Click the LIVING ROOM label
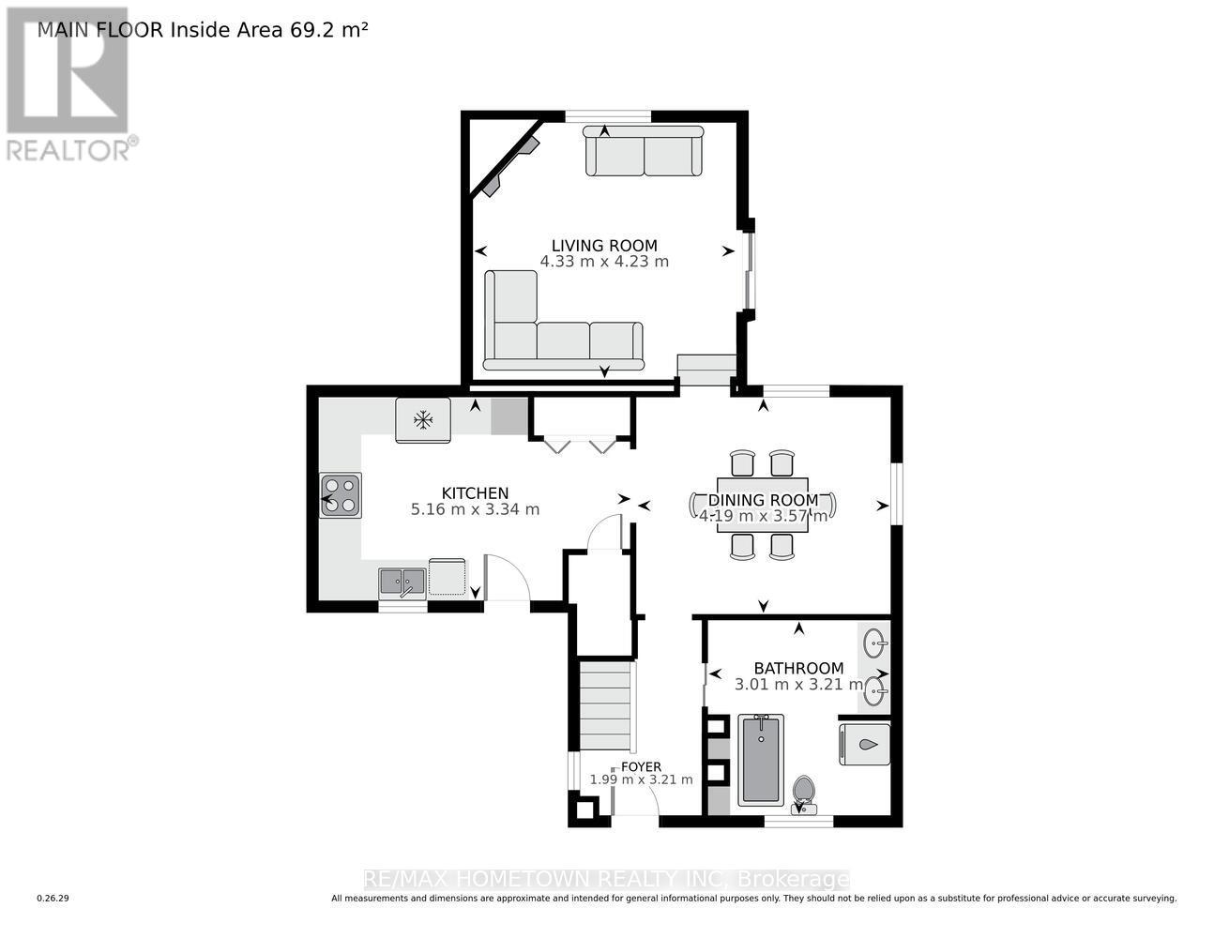coord(603,246)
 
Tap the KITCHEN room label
coord(475,493)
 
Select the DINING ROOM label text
coord(763,500)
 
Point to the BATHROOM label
coord(798,668)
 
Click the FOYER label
coord(640,766)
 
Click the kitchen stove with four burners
coord(341,495)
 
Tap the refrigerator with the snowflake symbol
coord(423,419)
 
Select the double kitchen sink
coord(402,582)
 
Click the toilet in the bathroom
coord(804,793)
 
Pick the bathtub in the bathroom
coord(760,760)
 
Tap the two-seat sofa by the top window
coord(644,152)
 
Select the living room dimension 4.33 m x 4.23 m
coord(604,262)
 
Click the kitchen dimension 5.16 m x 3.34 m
coord(475,509)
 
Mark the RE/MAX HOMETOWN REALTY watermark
coord(606,879)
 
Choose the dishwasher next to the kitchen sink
coord(447,578)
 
